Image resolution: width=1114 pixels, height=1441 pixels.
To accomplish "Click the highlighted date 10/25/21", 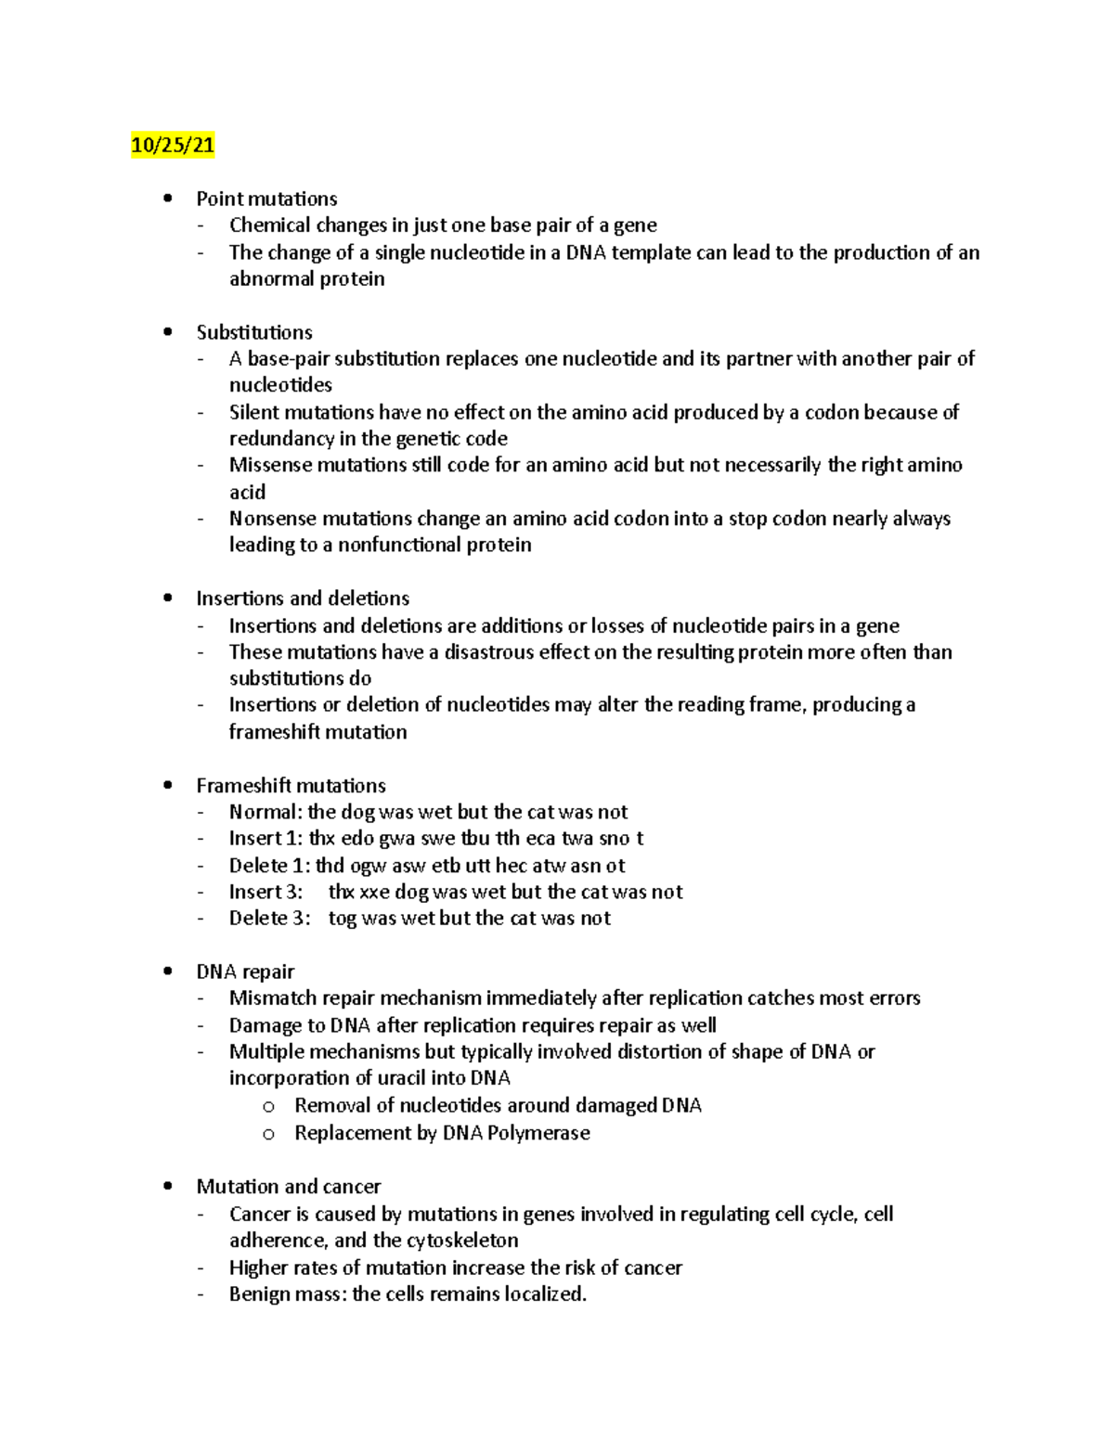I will pos(173,146).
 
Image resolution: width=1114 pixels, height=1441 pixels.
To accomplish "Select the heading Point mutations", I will pos(266,199).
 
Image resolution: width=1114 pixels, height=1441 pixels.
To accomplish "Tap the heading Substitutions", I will pos(254,332).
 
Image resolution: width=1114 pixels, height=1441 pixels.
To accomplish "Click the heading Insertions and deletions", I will pos(303,598).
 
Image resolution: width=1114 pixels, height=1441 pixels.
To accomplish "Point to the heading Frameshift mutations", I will pos(291,786).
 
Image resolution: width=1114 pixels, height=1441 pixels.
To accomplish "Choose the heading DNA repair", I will pos(245,972).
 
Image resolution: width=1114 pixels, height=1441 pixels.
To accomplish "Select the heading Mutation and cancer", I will pos(288,1187).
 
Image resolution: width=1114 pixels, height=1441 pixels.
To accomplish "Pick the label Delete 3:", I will pos(269,919).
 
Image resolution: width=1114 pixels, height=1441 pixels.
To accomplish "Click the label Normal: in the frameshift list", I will pos(266,812).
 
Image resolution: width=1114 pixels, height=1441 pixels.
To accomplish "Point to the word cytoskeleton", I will pos(462,1241).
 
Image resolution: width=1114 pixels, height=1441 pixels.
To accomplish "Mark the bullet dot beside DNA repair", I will pos(167,971).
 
